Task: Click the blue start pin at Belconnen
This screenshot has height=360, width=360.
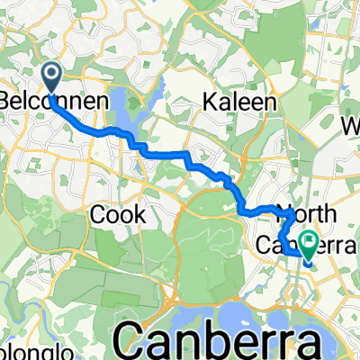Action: coord(52,77)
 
